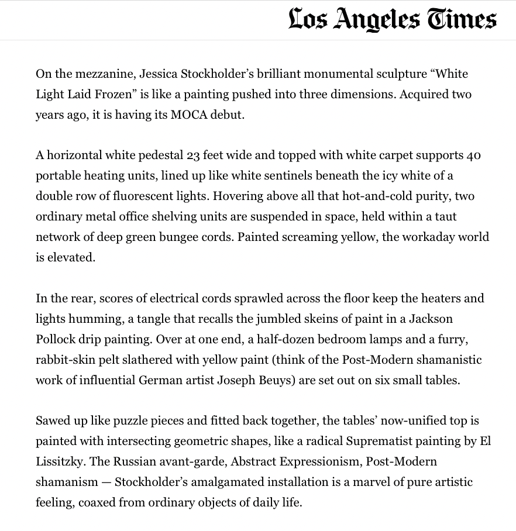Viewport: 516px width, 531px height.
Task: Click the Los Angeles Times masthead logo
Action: (393, 19)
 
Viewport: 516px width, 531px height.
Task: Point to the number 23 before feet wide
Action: (194, 156)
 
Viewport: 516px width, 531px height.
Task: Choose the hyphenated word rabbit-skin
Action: (66, 360)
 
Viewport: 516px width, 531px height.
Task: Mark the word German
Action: (161, 380)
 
